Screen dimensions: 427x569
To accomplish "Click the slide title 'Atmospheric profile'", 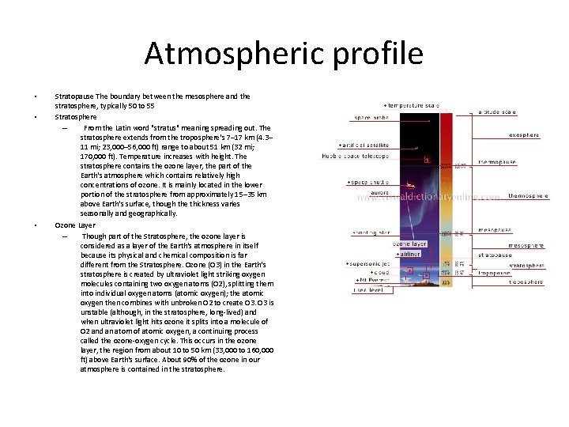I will [x=284, y=54].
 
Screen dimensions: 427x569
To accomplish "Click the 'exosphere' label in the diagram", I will [x=524, y=135].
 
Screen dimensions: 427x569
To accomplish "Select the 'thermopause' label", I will [x=497, y=162].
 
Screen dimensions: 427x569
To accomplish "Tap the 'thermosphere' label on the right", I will [x=528, y=195].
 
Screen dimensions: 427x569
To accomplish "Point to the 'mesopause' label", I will [x=495, y=230].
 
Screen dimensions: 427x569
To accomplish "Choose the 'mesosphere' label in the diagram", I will [x=526, y=246].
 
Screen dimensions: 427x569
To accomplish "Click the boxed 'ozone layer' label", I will [x=409, y=244].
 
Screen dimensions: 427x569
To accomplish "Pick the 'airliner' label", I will [x=408, y=254].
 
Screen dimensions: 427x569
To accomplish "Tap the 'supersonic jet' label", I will [x=369, y=263].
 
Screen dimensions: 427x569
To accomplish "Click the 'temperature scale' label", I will [x=411, y=105].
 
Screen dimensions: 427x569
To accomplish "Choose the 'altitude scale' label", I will [x=499, y=112].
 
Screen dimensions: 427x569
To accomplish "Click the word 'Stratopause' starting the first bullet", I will [x=71, y=96].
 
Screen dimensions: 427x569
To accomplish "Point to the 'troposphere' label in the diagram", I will [x=526, y=282].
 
